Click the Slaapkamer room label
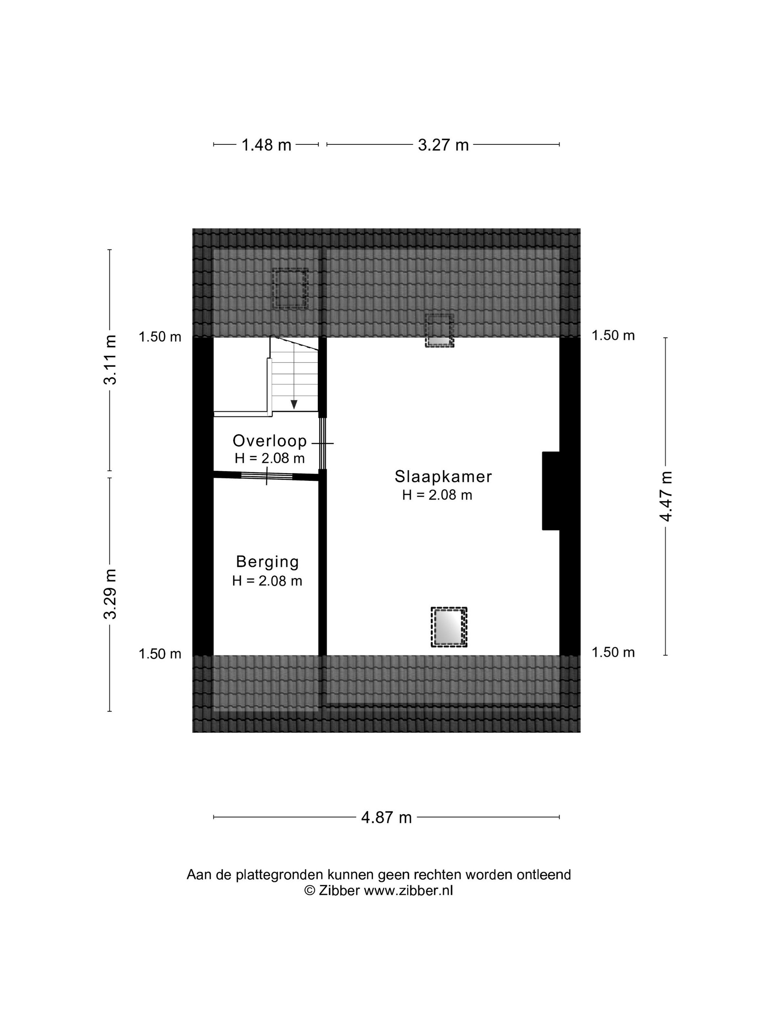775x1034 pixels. click(443, 477)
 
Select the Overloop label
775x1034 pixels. click(269, 441)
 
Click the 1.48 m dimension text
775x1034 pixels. click(266, 145)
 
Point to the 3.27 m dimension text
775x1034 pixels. click(443, 145)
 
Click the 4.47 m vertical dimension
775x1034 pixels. click(665, 496)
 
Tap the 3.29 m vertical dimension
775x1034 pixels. click(110, 594)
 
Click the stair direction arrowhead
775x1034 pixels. click(294, 405)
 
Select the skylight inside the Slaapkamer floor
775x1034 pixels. click(449, 627)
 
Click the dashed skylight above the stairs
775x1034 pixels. click(290, 288)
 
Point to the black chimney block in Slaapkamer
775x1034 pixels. click(551, 491)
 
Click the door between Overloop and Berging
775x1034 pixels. click(267, 476)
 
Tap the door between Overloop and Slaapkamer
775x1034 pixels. click(322, 443)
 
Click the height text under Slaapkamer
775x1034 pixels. click(437, 495)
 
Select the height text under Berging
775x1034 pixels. click(267, 581)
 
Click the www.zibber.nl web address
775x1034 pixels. click(408, 890)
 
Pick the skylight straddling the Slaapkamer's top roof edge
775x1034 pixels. click(439, 331)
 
